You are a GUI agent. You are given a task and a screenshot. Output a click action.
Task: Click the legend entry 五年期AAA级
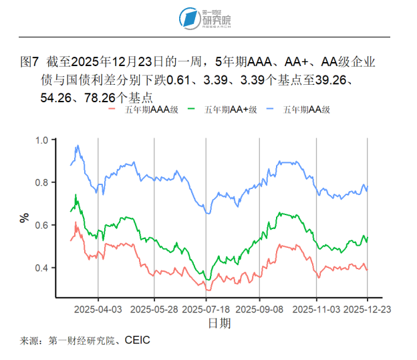click(x=148, y=110)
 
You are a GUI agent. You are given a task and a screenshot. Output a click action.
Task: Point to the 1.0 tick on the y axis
click(x=43, y=140)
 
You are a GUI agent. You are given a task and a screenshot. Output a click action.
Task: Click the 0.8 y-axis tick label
click(x=43, y=183)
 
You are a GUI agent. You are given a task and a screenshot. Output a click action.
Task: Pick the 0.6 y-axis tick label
click(x=43, y=226)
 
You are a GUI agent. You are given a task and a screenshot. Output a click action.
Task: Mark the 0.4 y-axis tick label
click(x=43, y=268)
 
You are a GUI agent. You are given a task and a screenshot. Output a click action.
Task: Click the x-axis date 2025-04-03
click(x=98, y=310)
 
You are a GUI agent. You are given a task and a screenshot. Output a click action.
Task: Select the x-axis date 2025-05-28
click(x=154, y=310)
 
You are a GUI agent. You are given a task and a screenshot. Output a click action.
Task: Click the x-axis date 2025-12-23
click(x=368, y=310)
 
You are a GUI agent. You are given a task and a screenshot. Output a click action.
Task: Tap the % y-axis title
click(x=25, y=217)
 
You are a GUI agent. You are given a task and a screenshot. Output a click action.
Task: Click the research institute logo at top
click(x=208, y=18)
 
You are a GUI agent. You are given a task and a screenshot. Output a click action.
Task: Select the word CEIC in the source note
click(x=136, y=341)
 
